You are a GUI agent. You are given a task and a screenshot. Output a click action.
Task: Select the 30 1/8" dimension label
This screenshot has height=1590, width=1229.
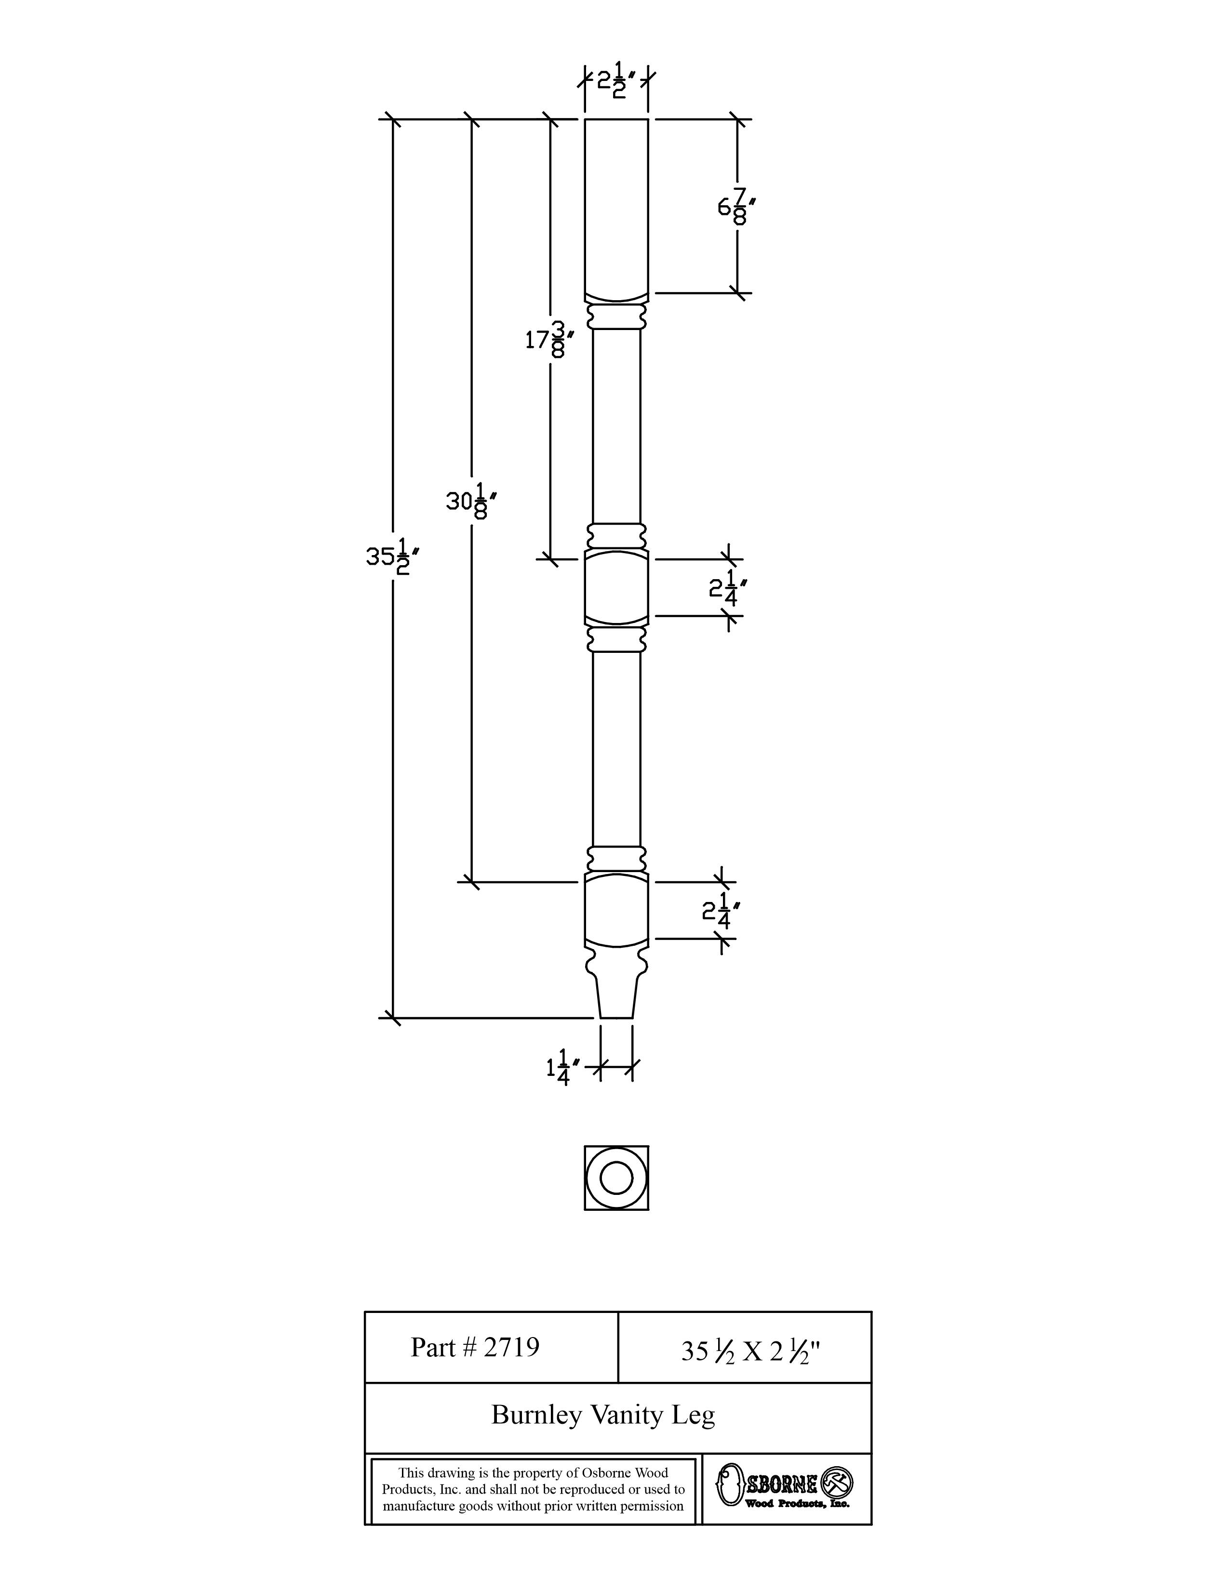tap(472, 501)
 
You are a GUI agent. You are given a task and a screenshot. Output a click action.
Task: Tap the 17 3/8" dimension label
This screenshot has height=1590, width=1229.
tap(550, 339)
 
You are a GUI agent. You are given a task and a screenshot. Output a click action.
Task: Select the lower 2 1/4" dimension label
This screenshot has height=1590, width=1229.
tap(721, 910)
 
